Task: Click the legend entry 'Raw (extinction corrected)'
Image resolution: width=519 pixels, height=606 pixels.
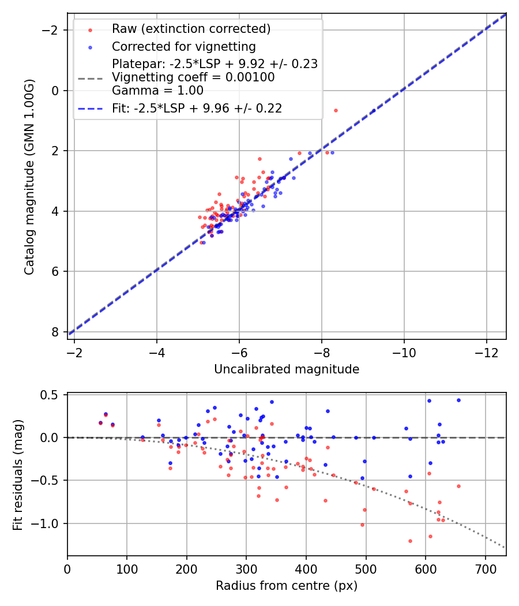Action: pyautogui.click(x=191, y=29)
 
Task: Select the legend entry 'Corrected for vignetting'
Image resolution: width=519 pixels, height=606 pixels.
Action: pyautogui.click(x=183, y=46)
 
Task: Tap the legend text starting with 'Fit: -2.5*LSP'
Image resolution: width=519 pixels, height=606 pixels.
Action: pyautogui.click(x=197, y=108)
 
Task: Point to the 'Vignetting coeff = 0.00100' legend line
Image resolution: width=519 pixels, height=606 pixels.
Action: pyautogui.click(x=193, y=77)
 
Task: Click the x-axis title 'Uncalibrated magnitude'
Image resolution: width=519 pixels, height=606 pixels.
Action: pyautogui.click(x=287, y=369)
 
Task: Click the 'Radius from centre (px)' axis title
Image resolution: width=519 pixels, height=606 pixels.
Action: pyautogui.click(x=287, y=586)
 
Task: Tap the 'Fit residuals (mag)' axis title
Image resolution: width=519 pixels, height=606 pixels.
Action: pyautogui.click(x=18, y=474)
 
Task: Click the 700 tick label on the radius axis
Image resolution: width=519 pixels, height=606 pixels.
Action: pyautogui.click(x=485, y=569)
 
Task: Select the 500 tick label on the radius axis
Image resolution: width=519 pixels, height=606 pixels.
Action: pyautogui.click(x=366, y=569)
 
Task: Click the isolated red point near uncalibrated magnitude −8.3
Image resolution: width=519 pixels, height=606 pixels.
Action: pyautogui.click(x=336, y=110)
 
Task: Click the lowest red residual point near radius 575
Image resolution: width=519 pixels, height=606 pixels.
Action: pyautogui.click(x=410, y=541)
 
